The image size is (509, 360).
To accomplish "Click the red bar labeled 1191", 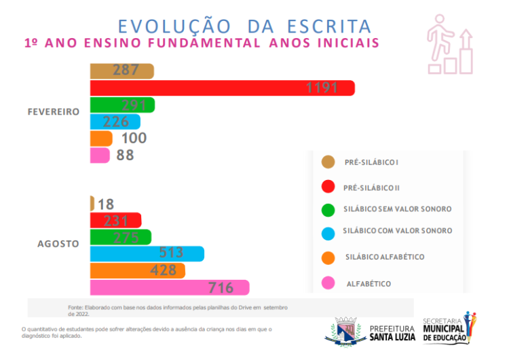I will [222, 88].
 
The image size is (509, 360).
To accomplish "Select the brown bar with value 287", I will [122, 71].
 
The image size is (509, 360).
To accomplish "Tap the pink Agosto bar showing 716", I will [170, 288].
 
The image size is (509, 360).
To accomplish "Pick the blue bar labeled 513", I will [147, 253].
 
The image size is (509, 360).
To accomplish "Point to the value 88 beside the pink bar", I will [125, 156].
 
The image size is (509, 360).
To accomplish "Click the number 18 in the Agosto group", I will [106, 204].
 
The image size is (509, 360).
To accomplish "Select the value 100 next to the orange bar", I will [134, 139].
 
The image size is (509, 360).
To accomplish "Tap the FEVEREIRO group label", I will [54, 111].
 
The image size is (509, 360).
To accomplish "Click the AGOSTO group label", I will [58, 243].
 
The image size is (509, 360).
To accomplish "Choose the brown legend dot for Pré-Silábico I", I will [328, 162].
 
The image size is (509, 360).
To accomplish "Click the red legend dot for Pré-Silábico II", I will [328, 186].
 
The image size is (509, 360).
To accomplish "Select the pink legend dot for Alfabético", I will [328, 283].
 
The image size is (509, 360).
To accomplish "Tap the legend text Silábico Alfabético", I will [385, 257].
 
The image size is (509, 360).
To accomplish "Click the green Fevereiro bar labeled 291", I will [122, 105].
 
